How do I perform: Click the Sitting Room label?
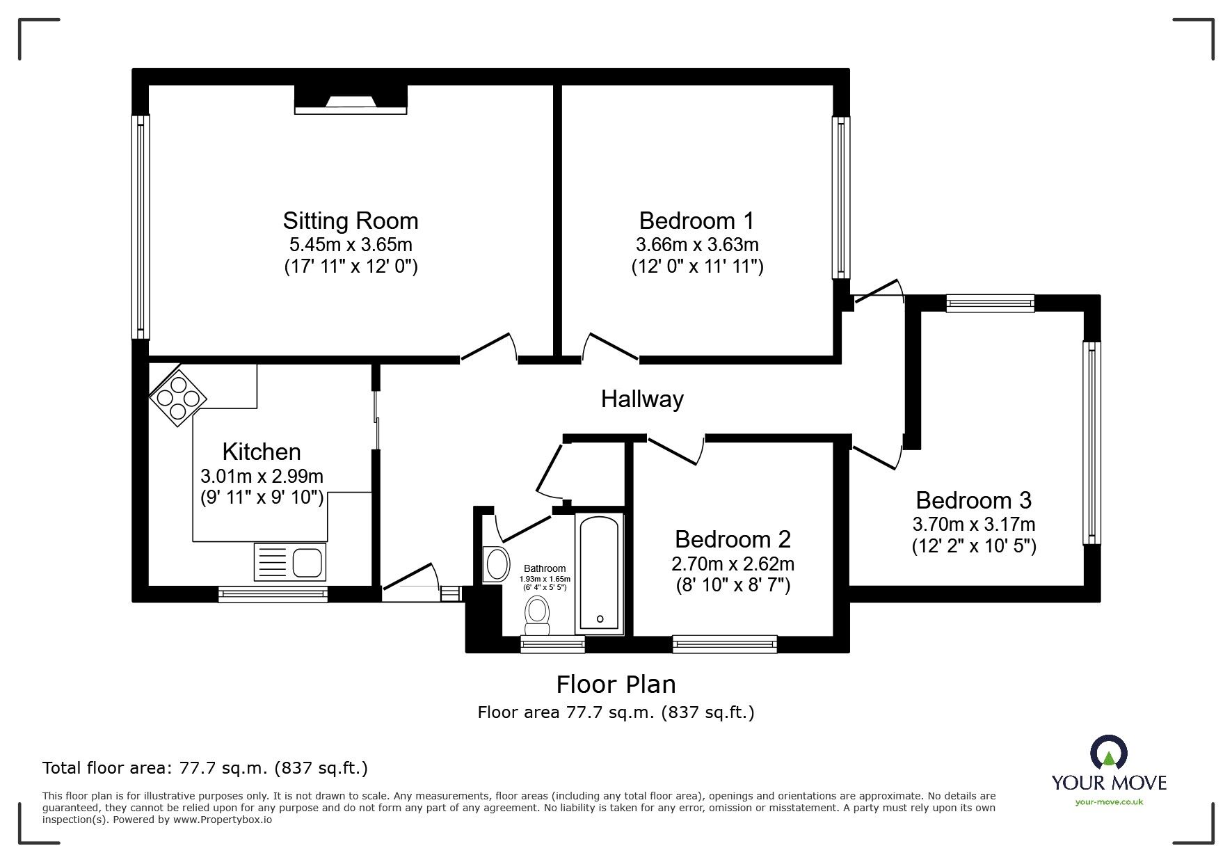[351, 221]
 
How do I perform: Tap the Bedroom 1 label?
[696, 221]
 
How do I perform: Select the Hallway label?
[642, 399]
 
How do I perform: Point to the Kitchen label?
[262, 452]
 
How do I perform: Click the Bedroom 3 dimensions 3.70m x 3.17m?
[974, 525]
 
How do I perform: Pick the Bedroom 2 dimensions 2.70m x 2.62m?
[733, 564]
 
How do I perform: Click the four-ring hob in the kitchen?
[178, 397]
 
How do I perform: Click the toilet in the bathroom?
[536, 618]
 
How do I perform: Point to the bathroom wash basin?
[496, 564]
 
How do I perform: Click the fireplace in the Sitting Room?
[351, 99]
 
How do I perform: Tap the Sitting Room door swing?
[489, 347]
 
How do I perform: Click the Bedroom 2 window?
[725, 644]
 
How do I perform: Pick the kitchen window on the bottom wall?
[273, 594]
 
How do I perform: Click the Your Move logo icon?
[1109, 753]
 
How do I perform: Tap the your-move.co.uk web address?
[1109, 802]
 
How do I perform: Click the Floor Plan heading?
[616, 685]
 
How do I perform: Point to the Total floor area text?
[205, 768]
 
